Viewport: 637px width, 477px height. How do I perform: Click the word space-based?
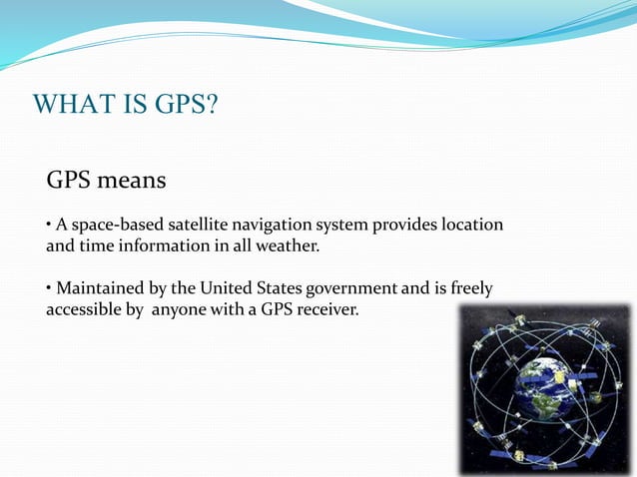[112, 225]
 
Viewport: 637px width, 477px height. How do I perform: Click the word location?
[472, 225]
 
